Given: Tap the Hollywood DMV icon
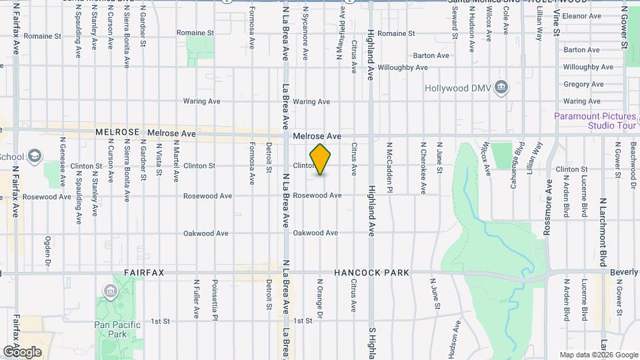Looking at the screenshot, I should pos(502,87).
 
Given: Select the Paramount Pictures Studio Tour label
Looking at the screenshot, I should pos(595,121).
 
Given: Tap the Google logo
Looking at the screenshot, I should pos(22,352).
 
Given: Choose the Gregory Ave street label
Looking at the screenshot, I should pos(583,85).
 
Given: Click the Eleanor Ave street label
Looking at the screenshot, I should pos(583,15).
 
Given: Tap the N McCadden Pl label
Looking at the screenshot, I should pos(389,167).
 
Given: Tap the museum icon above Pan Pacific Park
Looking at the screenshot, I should pos(109,291).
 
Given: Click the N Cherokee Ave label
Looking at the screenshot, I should pos(423,167).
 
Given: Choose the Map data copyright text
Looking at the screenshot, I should pos(599,355).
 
